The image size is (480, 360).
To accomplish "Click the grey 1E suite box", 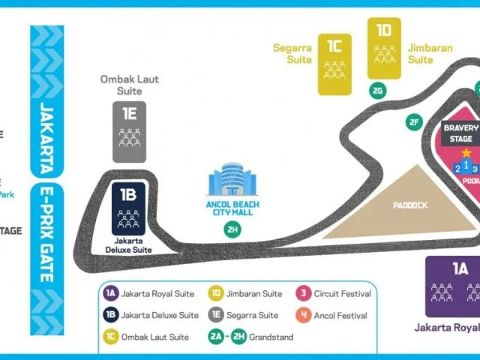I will point(129,132).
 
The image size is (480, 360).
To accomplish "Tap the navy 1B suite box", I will point(129,208).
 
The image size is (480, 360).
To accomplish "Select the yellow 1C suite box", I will point(334,64).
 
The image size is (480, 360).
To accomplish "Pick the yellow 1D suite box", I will point(384,49).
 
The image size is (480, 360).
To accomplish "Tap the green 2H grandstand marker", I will point(232,228).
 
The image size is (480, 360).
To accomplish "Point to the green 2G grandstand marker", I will point(378,91).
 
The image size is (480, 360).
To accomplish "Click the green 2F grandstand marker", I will point(413,122).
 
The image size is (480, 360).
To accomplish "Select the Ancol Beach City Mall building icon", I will point(232,184).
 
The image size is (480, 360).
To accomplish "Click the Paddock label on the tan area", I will point(409,203).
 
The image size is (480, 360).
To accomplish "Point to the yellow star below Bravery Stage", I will point(466,152).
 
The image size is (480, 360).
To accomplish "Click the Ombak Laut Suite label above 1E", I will point(129,85).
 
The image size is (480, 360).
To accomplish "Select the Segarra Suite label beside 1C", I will point(292,53).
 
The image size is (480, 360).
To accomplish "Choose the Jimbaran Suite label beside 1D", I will point(430,53).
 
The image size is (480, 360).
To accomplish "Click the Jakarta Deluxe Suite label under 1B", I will point(129,244).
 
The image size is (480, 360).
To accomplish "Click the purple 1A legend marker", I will point(111,294).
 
